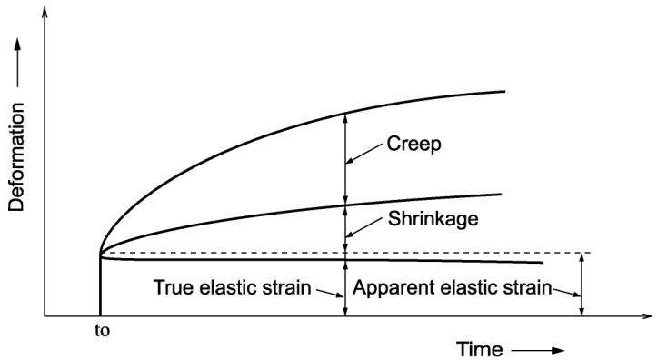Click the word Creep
click(413, 145)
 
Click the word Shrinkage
click(433, 219)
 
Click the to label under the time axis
click(103, 331)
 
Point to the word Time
click(479, 349)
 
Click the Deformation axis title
click(16, 157)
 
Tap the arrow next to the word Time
click(538, 350)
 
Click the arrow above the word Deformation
click(17, 63)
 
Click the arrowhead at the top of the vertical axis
click(45, 12)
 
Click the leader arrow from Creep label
click(363, 154)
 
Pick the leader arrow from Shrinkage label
click(363, 227)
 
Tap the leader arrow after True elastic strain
click(330, 293)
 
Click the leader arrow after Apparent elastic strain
click(567, 293)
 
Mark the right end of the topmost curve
click(505, 91)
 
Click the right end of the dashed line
click(591, 253)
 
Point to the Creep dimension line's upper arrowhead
click(345, 118)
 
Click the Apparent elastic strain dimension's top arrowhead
click(582, 258)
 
